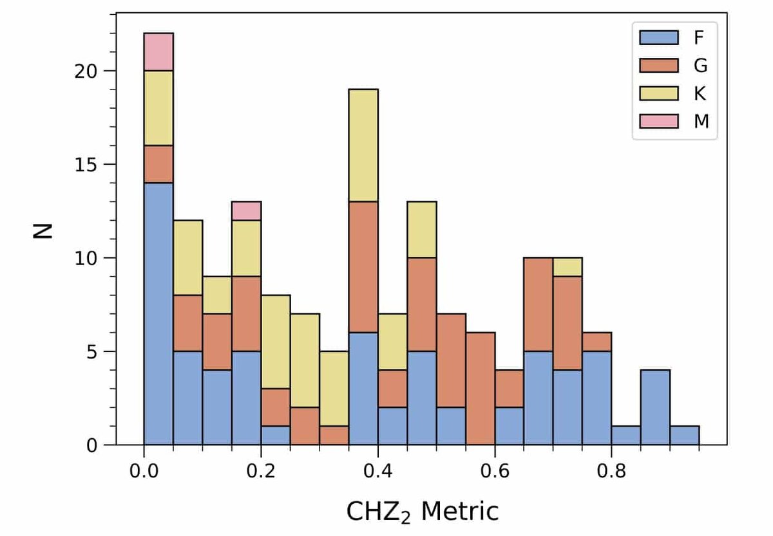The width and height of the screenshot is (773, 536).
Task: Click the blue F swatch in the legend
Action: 658,37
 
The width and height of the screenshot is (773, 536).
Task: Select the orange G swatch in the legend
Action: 658,65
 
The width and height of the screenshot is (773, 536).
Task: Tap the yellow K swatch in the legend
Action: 658,93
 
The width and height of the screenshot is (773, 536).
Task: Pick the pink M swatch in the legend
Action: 658,120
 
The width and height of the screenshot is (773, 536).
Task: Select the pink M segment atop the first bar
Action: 158,51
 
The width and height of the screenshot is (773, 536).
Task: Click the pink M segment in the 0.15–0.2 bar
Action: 246,210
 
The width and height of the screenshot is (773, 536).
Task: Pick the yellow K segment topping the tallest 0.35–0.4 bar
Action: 363,145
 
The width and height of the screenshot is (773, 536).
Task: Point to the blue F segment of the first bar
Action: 158,314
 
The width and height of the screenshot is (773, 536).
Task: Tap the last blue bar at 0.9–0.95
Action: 685,436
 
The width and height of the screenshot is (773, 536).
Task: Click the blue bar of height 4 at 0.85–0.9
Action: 655,407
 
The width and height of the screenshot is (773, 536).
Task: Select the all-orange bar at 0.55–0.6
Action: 480,389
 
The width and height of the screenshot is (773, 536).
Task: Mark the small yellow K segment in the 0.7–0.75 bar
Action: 568,267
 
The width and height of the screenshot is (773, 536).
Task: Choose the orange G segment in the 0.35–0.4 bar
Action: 363,266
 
